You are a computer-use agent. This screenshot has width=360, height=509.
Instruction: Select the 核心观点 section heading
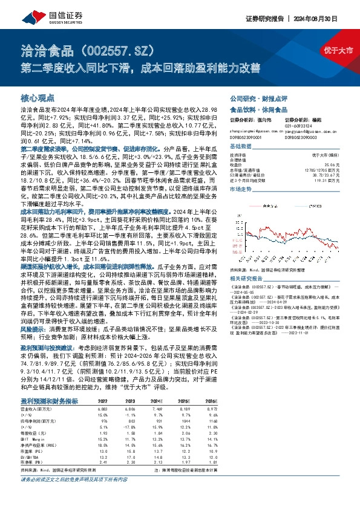[38, 97]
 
